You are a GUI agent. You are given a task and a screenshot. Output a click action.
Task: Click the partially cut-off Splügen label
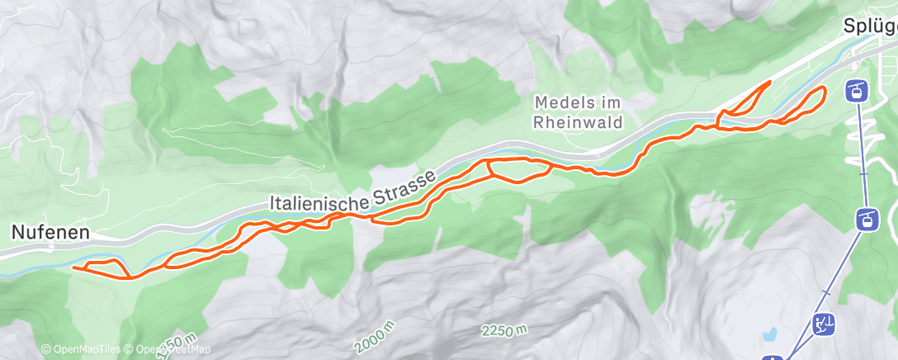tap(870, 26)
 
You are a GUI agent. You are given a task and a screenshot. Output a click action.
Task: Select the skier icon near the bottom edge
tap(823, 323)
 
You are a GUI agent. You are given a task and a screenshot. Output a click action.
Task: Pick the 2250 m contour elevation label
tap(504, 330)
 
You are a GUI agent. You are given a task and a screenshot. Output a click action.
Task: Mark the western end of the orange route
tap(73, 267)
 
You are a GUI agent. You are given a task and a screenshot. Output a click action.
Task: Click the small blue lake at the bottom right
tap(770, 334)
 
